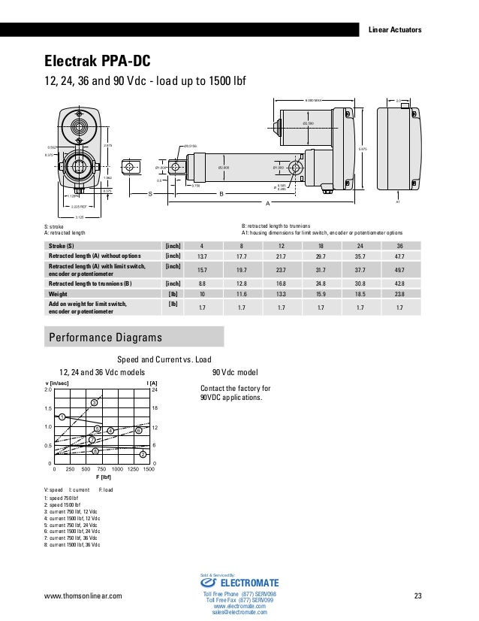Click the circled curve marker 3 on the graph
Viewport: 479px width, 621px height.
tap(94, 404)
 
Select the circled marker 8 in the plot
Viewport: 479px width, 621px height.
tap(95, 450)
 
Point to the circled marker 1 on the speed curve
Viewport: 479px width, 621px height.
tap(62, 417)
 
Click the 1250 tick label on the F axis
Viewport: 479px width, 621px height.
tap(134, 470)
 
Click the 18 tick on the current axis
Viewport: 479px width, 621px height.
tap(155, 408)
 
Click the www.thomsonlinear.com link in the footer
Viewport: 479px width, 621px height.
tap(84, 597)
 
